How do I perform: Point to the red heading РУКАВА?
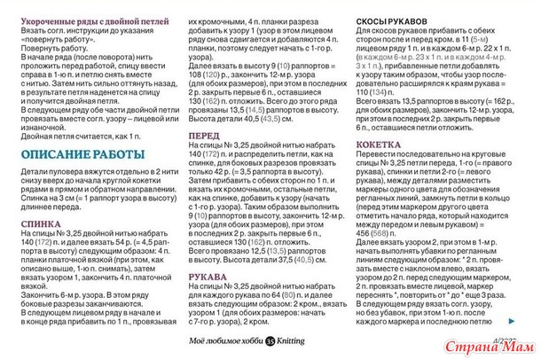[x=209, y=277]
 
